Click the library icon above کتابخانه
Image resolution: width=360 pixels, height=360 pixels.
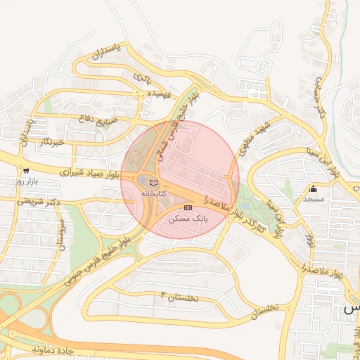point(154,183)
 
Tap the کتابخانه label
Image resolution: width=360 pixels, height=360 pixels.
point(154,193)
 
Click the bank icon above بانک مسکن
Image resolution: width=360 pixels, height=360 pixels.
point(187,208)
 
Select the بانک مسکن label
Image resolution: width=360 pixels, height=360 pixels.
point(187,219)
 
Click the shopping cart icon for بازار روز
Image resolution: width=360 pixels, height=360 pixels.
point(26,170)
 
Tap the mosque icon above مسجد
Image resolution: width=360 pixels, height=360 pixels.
point(313,188)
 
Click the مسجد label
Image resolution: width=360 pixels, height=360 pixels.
point(313,200)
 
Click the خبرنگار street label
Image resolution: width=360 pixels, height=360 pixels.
point(54,143)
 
